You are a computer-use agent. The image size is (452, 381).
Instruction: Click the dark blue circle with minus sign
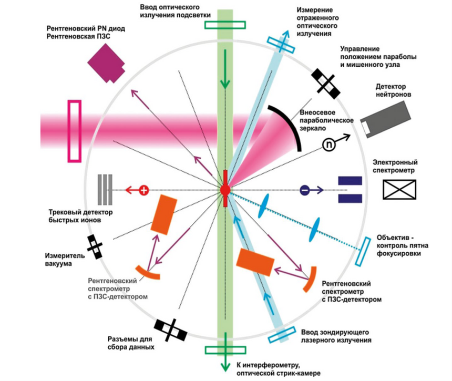click(x=304, y=190)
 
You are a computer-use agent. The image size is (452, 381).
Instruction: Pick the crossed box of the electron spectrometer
click(x=399, y=189)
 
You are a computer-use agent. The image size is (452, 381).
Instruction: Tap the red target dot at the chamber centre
click(x=224, y=189)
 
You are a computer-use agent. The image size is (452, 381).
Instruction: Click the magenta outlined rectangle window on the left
click(x=75, y=130)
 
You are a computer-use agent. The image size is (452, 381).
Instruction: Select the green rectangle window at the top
click(x=225, y=25)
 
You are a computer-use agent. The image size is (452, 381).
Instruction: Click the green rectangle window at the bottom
click(x=225, y=350)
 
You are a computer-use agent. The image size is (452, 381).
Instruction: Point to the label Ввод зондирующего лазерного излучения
click(x=337, y=336)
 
